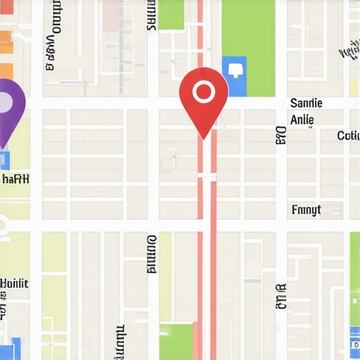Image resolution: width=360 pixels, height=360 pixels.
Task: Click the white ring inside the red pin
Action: click(x=203, y=91)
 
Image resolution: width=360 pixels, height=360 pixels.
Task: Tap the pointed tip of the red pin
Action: click(x=203, y=136)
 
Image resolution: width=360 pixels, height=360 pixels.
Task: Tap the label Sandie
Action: click(x=306, y=103)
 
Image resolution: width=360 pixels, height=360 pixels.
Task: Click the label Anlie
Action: click(x=302, y=120)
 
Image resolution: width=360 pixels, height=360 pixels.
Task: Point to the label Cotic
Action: click(x=348, y=135)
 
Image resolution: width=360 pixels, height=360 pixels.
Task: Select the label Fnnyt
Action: click(x=306, y=210)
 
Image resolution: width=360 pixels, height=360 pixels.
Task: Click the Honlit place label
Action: click(x=14, y=283)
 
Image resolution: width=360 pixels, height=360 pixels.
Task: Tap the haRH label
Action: click(x=15, y=179)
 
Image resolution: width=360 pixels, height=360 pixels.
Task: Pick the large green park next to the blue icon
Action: click(x=248, y=39)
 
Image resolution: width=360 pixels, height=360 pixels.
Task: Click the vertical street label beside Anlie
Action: click(x=281, y=135)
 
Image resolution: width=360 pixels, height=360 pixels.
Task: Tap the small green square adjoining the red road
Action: click(x=176, y=341)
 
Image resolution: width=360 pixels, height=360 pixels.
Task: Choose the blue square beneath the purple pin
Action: click(x=4, y=160)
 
